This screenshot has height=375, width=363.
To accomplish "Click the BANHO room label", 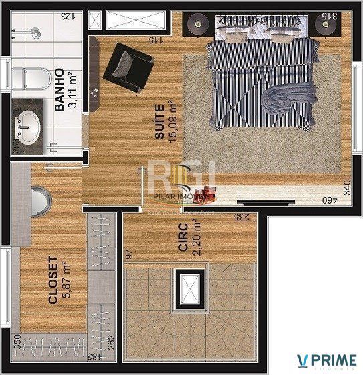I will (x=59, y=89).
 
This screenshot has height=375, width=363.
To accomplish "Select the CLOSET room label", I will (x=53, y=281).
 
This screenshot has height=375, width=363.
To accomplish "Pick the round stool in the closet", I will (x=39, y=200).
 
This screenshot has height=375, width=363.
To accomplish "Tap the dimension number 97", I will (x=129, y=254).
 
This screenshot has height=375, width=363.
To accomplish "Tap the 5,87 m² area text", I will (x=66, y=281).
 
